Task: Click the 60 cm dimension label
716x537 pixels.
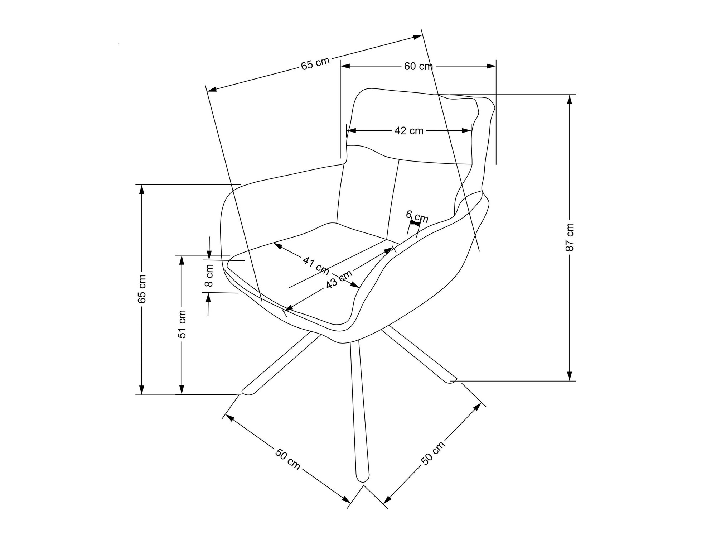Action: click(x=418, y=66)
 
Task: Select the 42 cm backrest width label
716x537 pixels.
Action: click(x=409, y=131)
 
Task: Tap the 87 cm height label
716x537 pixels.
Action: click(x=570, y=237)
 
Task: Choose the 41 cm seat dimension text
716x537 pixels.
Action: click(x=316, y=265)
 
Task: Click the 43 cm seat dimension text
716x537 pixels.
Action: click(x=339, y=279)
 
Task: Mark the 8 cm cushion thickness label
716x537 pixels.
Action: click(x=209, y=275)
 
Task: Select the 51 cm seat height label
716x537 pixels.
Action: click(x=182, y=324)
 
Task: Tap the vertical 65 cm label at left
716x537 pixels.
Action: click(x=142, y=289)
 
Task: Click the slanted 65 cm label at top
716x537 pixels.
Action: click(x=315, y=64)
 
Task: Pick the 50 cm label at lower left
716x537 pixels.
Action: click(x=287, y=459)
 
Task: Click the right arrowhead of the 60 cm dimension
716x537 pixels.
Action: click(x=492, y=66)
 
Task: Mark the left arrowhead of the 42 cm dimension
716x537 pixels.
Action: click(x=351, y=131)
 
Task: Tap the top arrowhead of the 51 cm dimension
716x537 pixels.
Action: click(x=182, y=260)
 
